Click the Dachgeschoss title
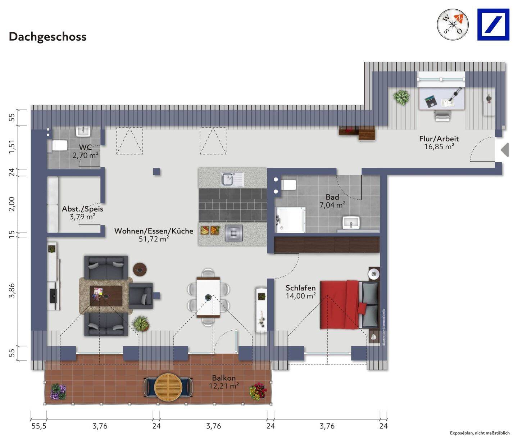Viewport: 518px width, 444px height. click(x=47, y=37)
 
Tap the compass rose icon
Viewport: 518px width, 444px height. click(x=453, y=24)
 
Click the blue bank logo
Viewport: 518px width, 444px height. click(x=493, y=24)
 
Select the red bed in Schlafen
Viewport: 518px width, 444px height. click(x=340, y=305)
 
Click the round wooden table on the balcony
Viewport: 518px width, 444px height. click(x=168, y=387)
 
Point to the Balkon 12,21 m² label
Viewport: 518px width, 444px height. click(x=224, y=382)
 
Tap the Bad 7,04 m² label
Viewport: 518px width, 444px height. click(x=332, y=201)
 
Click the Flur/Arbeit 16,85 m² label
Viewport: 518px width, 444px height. click(x=439, y=142)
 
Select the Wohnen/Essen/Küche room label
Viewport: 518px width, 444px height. click(x=154, y=235)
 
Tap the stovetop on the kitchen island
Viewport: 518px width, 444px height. click(x=233, y=233)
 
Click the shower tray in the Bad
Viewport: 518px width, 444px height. click(x=291, y=219)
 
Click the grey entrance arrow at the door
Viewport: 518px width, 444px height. click(x=505, y=150)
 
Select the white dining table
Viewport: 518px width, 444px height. click(x=208, y=297)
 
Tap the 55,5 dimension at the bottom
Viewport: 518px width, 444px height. click(x=39, y=426)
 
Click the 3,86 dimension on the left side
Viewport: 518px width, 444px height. click(x=12, y=290)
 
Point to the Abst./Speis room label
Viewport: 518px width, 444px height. click(x=82, y=213)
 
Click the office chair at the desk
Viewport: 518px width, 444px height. click(x=442, y=115)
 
